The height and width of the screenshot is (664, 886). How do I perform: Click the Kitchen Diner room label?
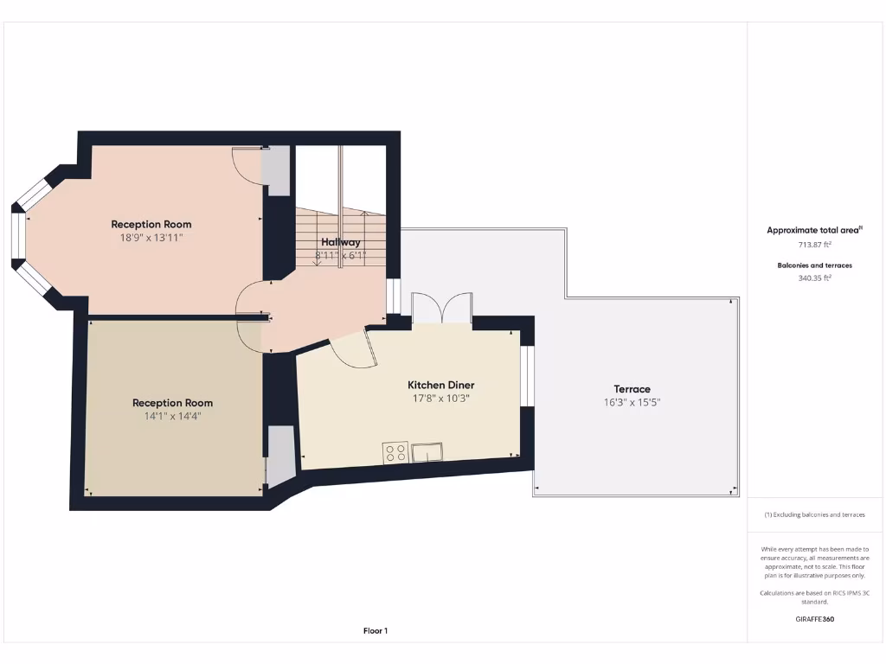coord(440,385)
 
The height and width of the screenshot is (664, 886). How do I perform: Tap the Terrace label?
coord(632,389)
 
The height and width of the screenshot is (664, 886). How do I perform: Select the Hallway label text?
coord(340,242)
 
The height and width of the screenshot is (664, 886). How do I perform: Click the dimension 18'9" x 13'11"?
coord(151,237)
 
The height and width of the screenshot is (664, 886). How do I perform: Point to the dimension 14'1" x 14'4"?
coord(172,416)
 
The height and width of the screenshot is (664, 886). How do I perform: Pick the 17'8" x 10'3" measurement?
coord(440,399)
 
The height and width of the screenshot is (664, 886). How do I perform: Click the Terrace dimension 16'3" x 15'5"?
coord(632,402)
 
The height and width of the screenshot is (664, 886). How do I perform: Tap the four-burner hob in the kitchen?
coord(396,451)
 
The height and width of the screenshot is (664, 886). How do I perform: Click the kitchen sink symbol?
coord(428,451)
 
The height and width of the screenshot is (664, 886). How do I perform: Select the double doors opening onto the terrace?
coord(441,310)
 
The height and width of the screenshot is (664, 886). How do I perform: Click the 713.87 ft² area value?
coord(813,244)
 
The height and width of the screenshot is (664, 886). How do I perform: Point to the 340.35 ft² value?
coord(813,278)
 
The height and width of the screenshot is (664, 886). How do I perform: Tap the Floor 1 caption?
coord(376,631)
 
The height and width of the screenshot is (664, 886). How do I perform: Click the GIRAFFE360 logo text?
coord(814,619)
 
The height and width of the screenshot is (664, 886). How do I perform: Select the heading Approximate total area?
coord(813,230)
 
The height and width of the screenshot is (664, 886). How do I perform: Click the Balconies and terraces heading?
coord(813,265)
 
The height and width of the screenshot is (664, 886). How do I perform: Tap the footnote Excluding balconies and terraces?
coord(814,514)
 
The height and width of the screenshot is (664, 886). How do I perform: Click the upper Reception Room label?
coord(151,225)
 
